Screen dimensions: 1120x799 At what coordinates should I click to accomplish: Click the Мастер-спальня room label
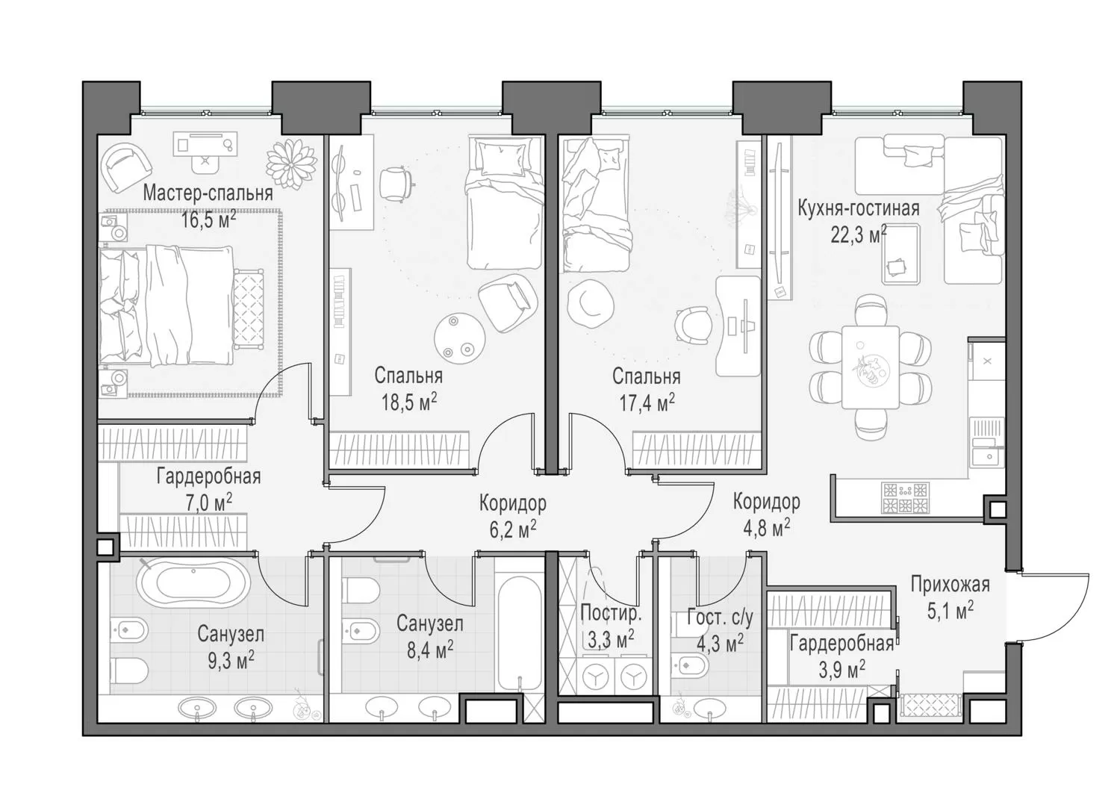click(208, 193)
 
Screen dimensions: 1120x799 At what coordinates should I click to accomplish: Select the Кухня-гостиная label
click(859, 208)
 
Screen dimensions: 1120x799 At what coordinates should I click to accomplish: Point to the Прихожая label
click(950, 585)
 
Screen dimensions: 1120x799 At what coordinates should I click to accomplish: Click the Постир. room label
click(611, 614)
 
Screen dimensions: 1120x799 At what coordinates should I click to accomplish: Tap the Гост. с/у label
click(720, 618)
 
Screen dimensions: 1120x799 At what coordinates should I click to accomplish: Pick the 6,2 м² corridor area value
click(512, 529)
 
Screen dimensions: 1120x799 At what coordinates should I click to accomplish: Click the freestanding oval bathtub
click(193, 582)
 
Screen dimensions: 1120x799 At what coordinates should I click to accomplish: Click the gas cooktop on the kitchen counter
click(906, 497)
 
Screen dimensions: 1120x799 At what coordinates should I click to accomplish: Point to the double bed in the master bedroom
click(167, 305)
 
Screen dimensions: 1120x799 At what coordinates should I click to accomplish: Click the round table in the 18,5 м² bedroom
click(459, 338)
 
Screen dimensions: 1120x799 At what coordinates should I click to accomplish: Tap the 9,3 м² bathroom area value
click(231, 660)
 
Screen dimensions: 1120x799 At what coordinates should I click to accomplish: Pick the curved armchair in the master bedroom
click(126, 167)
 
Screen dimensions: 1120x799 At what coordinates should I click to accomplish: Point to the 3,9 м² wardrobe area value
click(842, 669)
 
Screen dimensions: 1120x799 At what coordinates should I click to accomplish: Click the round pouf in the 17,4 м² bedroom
click(591, 303)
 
